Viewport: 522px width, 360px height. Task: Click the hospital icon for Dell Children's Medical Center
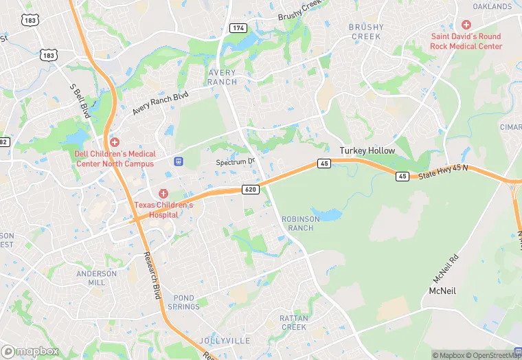click(115, 142)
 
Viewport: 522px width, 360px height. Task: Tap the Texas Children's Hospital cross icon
click(163, 194)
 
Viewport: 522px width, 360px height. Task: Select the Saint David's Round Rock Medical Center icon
click(466, 25)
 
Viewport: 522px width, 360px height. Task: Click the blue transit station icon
click(179, 161)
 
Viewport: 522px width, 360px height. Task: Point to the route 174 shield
click(238, 28)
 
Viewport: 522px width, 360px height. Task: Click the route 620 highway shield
click(250, 189)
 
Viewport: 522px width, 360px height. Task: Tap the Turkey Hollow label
click(367, 150)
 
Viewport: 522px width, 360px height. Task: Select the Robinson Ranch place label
click(301, 223)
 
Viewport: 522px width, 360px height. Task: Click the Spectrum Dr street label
click(236, 162)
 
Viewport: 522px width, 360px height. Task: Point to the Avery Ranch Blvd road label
click(160, 104)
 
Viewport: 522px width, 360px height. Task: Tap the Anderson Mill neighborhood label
click(92, 278)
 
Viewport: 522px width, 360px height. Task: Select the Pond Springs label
click(186, 302)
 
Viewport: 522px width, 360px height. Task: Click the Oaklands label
click(492, 7)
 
